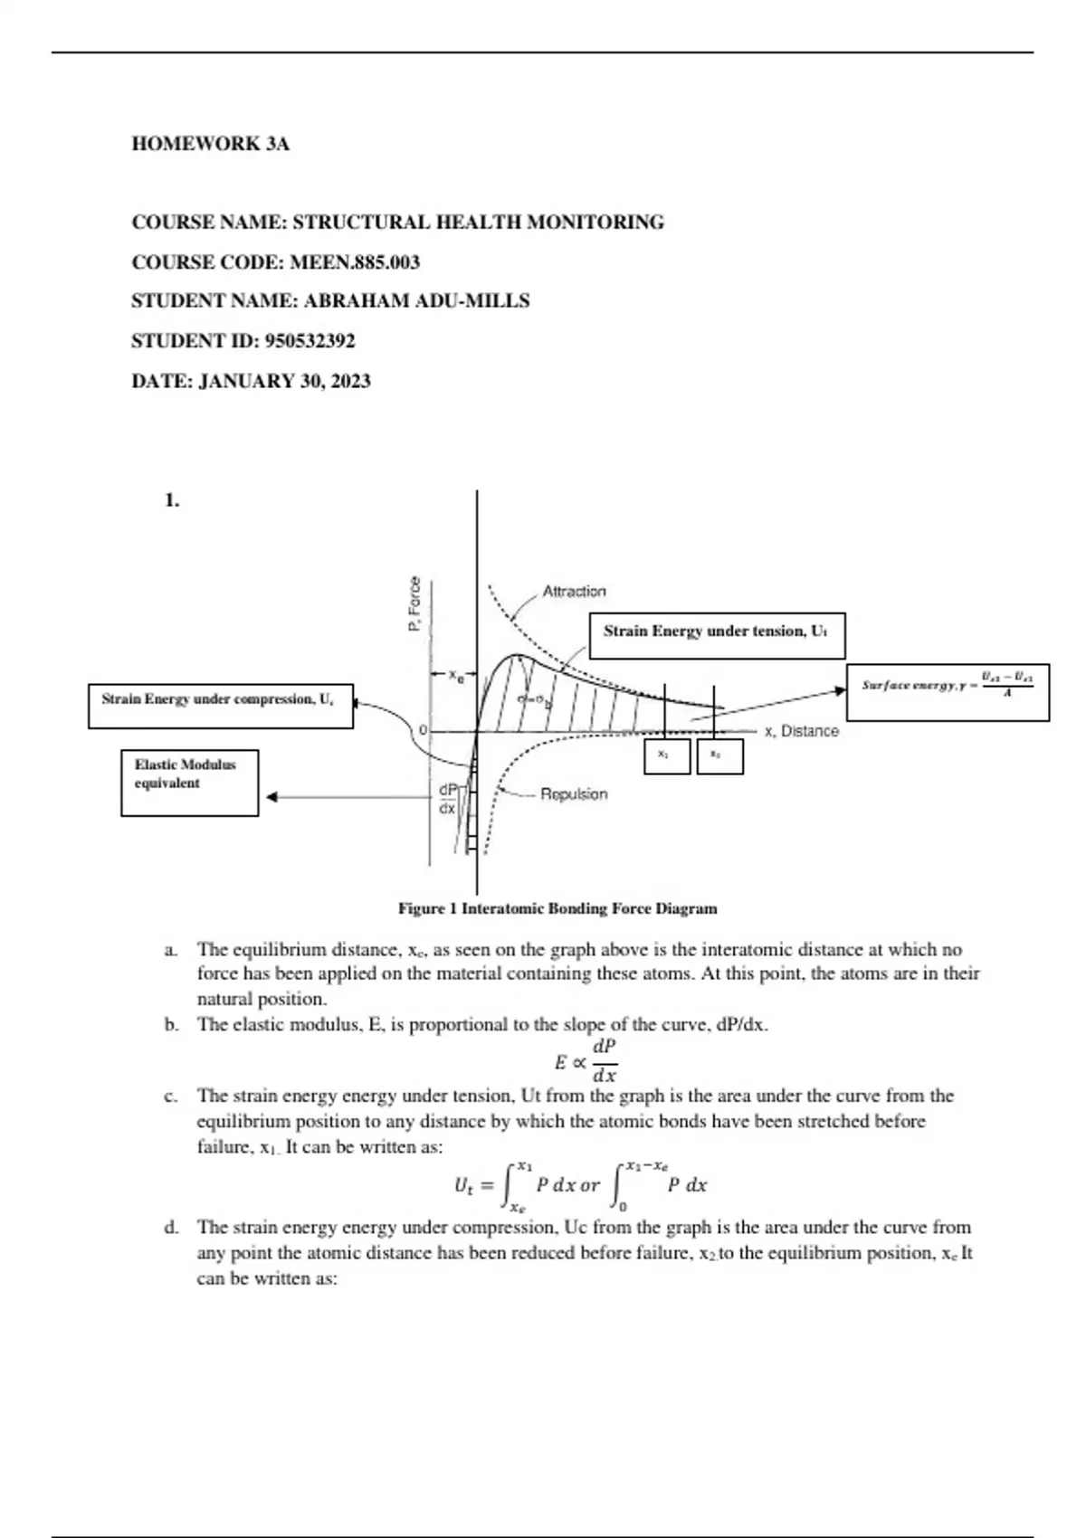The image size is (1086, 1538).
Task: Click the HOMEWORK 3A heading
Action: tap(211, 144)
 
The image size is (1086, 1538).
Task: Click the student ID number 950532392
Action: tap(310, 341)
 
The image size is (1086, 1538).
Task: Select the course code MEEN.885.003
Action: tap(355, 262)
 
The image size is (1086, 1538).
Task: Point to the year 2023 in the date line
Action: tap(350, 381)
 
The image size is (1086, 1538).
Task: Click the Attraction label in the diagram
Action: tap(574, 592)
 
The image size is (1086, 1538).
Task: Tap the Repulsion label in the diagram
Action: tap(574, 794)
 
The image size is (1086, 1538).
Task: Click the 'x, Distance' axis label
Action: tap(802, 731)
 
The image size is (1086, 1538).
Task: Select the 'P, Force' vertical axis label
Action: tap(414, 604)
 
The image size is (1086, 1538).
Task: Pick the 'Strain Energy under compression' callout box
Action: tap(220, 707)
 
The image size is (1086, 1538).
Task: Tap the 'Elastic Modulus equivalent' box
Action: tap(189, 783)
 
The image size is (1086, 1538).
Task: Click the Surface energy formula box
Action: tap(948, 692)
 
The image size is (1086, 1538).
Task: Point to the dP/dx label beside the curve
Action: tap(448, 799)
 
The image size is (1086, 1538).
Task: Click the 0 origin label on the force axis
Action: tap(421, 729)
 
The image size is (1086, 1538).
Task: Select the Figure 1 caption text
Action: tap(557, 908)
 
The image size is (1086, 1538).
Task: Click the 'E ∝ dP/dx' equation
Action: tap(586, 1061)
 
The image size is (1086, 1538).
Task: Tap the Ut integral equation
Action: tap(580, 1185)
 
